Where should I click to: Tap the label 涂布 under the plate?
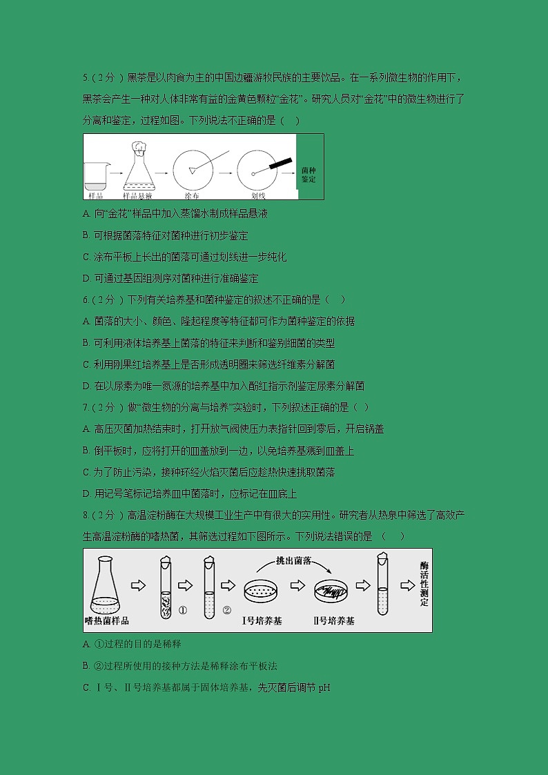pyautogui.click(x=190, y=195)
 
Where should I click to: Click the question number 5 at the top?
pyautogui.click(x=84, y=78)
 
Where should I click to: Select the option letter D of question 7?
pyautogui.click(x=86, y=493)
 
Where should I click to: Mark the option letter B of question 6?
pyautogui.click(x=86, y=343)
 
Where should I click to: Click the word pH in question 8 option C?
pyautogui.click(x=325, y=687)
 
